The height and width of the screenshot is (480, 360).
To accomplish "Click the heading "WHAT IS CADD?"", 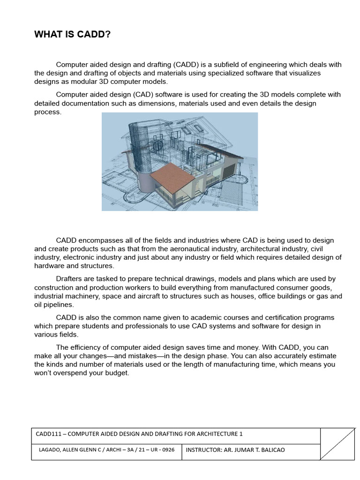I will (x=72, y=35).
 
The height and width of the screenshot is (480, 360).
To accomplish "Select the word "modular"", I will (x=81, y=82).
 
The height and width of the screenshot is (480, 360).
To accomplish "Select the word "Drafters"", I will (x=70, y=279).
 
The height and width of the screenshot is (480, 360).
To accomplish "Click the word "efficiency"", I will (x=87, y=347).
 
